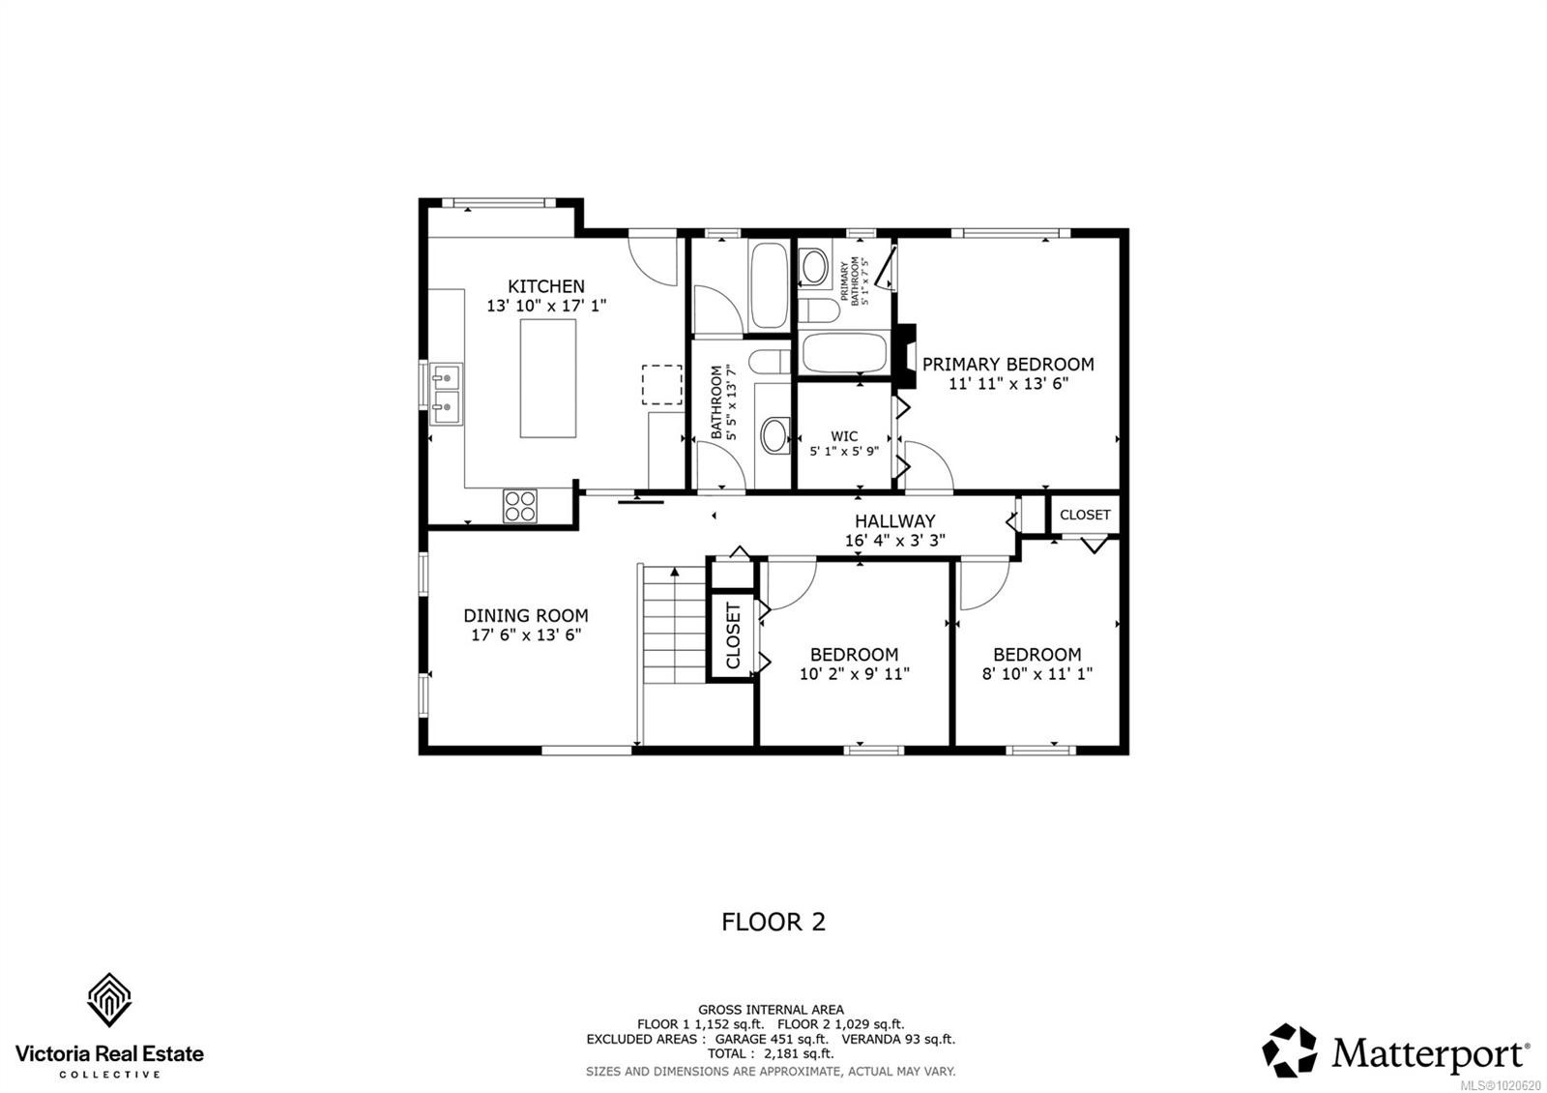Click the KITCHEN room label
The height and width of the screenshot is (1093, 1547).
546,286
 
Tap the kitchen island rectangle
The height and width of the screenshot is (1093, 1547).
548,378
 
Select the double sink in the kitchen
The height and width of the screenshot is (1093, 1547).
447,395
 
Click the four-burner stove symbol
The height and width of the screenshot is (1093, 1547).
520,506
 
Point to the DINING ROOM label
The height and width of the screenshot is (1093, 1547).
525,615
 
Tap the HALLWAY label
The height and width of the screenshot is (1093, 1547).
894,521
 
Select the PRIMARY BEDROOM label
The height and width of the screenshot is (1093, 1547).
1007,365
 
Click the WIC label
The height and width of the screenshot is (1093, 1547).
844,436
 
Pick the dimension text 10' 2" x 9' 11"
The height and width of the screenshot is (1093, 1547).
854,674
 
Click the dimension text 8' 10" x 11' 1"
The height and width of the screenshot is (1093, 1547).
1036,674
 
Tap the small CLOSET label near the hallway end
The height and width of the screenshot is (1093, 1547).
1085,515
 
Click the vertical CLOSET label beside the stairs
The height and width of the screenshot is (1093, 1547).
733,635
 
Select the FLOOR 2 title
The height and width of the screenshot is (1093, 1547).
773,922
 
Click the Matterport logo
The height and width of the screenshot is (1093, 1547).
1396,1051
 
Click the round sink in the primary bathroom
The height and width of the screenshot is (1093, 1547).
815,267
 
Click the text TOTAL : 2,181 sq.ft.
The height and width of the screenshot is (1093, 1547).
770,1053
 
